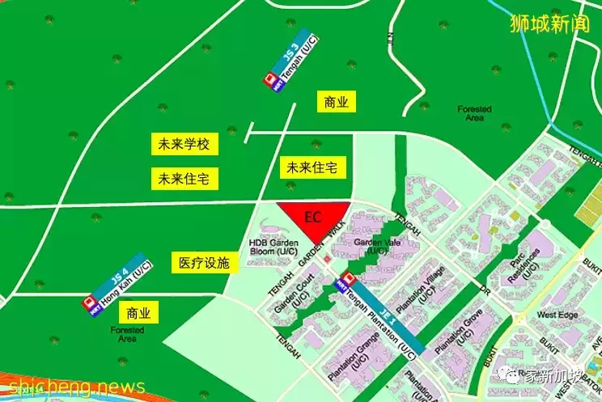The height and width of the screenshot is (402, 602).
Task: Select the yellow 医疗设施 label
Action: pos(204,263)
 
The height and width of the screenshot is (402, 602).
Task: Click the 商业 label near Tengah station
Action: pos(336,102)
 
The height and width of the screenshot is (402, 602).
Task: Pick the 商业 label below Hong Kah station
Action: pos(138,313)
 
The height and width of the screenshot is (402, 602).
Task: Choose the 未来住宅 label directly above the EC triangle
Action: pos(313,167)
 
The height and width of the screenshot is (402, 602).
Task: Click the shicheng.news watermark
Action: pos(73,387)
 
